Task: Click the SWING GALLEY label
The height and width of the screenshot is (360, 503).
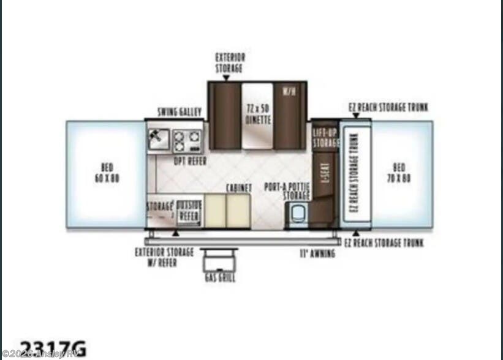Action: pos(176,111)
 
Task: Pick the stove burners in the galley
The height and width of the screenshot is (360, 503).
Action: pos(180,141)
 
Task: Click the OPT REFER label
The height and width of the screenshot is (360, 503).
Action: pos(190,161)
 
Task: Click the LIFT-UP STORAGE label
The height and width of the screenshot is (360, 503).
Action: pos(326,138)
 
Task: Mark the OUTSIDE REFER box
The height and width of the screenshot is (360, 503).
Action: pos(189,212)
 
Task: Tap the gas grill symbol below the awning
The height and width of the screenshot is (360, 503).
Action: pos(219,260)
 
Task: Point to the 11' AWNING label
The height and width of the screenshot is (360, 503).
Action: pos(317,253)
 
